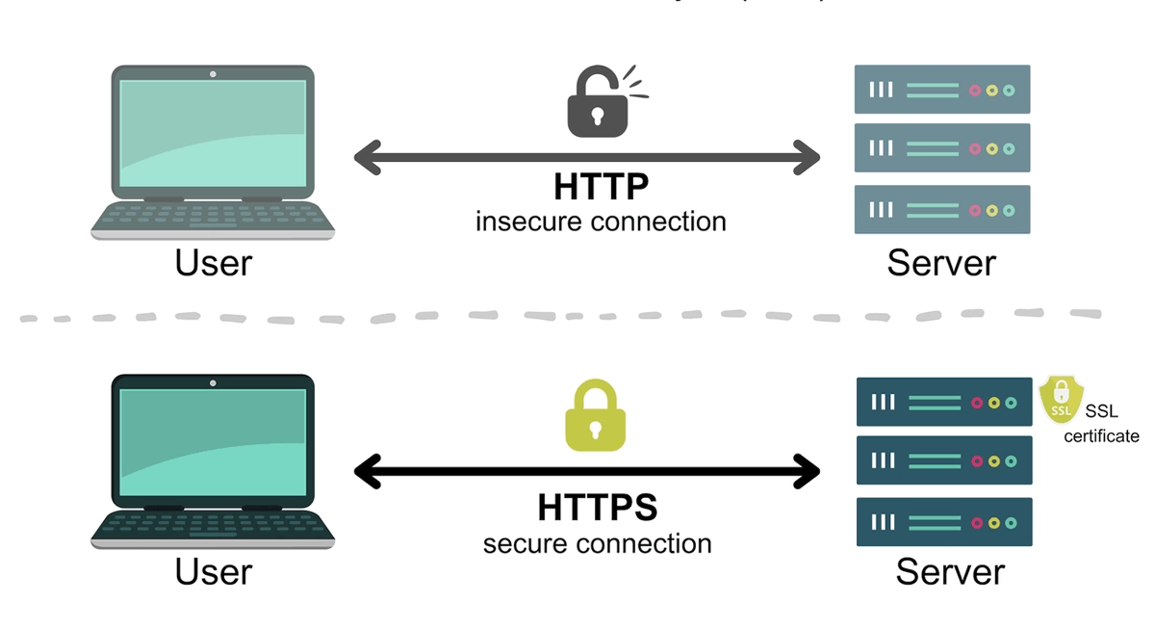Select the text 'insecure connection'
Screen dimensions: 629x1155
point(601,222)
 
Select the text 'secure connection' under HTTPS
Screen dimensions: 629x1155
point(597,543)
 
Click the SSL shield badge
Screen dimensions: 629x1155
point(1061,400)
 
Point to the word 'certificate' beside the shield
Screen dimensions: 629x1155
point(1101,436)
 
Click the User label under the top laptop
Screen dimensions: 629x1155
point(214,262)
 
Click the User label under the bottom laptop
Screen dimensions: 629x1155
point(214,572)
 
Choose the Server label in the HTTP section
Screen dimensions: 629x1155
point(941,262)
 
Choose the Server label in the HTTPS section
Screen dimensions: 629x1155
point(950,572)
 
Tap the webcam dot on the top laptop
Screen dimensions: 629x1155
point(213,73)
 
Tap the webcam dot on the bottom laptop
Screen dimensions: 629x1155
point(213,383)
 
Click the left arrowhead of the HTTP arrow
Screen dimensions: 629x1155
point(366,157)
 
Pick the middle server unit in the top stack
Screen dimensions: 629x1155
point(942,148)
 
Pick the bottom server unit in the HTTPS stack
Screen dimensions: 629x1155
point(944,522)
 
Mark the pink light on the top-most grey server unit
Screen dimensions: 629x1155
point(975,90)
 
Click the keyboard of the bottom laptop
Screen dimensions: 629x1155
point(213,522)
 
